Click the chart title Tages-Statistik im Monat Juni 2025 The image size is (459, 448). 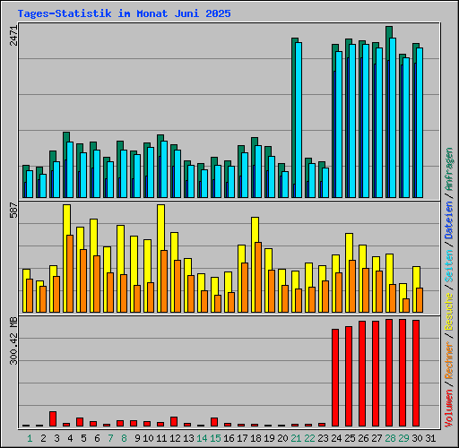(124, 14)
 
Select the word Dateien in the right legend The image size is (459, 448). (448, 219)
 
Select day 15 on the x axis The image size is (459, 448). (214, 438)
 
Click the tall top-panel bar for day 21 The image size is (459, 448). (296, 116)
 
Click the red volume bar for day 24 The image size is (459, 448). (335, 377)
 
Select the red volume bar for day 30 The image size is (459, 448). (416, 373)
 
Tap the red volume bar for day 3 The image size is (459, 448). (53, 418)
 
